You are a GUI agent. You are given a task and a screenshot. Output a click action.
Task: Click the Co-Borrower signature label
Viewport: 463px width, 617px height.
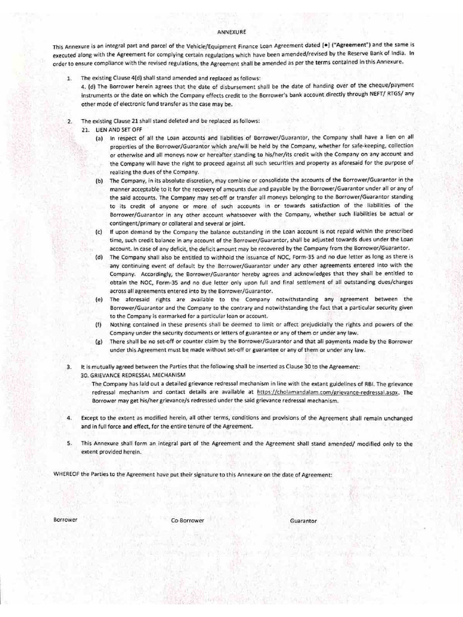click(187, 519)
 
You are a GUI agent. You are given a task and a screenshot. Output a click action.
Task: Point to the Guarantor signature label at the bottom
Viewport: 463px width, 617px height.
click(303, 520)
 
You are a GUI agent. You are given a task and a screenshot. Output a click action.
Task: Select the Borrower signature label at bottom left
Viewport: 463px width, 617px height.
click(66, 519)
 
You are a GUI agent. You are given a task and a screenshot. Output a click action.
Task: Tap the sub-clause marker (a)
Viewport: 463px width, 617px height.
click(98, 138)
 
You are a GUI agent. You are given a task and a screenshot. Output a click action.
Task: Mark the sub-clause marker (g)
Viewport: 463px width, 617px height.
click(98, 341)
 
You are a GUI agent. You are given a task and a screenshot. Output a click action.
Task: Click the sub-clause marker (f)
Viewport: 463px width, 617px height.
click(98, 324)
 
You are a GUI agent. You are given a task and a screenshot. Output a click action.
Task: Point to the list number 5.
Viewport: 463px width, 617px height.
click(69, 443)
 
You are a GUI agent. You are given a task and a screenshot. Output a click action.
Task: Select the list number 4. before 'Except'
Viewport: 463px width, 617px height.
click(69, 418)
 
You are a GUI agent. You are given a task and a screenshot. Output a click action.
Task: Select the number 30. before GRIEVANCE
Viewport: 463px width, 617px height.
click(85, 374)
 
